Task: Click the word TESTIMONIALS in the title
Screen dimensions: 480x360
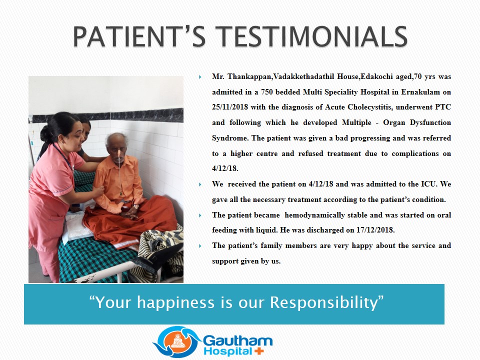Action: (x=311, y=36)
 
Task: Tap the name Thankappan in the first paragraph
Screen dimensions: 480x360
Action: (x=249, y=76)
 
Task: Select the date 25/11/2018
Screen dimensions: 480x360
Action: (x=229, y=107)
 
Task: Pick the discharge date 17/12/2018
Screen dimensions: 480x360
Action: (x=375, y=230)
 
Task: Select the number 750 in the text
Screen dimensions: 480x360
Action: (x=266, y=92)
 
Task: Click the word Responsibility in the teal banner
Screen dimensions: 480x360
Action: (x=326, y=303)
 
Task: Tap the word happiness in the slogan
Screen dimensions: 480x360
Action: (x=175, y=303)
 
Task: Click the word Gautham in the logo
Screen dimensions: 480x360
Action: (x=237, y=340)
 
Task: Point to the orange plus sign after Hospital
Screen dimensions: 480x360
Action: (x=259, y=351)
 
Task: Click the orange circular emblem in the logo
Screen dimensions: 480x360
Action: (x=178, y=341)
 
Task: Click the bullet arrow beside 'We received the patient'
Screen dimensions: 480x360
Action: (x=200, y=184)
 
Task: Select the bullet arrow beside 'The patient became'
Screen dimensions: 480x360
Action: (x=200, y=215)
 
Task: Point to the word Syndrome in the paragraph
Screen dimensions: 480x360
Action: (x=229, y=138)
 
